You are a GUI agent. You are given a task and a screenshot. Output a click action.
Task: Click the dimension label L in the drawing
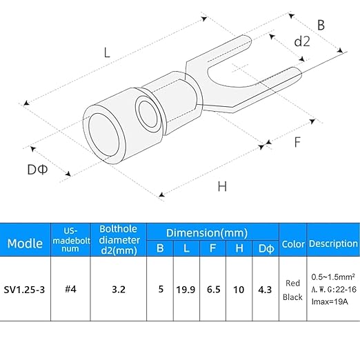[107, 52]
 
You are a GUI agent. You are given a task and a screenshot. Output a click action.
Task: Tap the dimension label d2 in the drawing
[302, 41]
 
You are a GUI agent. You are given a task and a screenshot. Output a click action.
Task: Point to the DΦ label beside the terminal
[37, 170]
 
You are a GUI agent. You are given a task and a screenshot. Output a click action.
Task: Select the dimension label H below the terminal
[222, 186]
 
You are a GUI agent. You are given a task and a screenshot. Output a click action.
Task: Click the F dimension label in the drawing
[297, 142]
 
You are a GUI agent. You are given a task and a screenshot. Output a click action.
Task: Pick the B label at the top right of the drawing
[321, 25]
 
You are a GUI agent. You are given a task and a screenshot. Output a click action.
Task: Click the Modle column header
[25, 243]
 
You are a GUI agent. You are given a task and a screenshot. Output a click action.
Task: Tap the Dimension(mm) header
[207, 233]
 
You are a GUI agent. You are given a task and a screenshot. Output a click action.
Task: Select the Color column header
[293, 244]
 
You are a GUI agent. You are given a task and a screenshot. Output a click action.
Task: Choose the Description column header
[333, 243]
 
